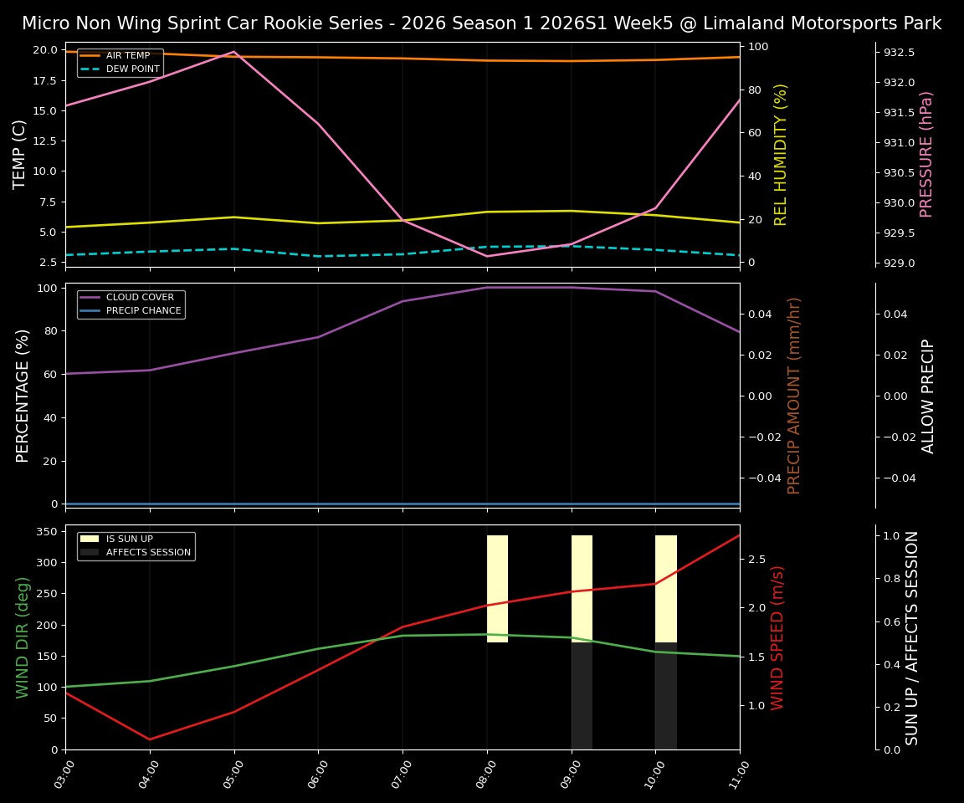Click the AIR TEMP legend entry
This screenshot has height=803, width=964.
(127, 55)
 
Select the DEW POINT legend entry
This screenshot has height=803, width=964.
(132, 69)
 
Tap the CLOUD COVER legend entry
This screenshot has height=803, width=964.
(140, 297)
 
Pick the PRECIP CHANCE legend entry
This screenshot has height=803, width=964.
(143, 310)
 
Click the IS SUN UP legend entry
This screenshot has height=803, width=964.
(129, 539)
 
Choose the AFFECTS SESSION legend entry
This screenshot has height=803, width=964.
(147, 552)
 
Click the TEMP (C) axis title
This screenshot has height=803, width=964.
(20, 154)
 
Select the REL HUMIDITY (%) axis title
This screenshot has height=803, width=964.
(781, 154)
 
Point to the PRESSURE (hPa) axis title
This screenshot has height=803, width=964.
(926, 154)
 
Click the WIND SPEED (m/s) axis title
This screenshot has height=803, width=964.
(777, 637)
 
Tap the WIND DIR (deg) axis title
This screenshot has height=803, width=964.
(23, 637)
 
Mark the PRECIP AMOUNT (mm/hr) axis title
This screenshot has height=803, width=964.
(794, 395)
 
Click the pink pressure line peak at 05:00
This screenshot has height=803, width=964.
(234, 52)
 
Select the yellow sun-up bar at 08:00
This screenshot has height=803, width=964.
(497, 588)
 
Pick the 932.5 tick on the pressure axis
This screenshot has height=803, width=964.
(899, 53)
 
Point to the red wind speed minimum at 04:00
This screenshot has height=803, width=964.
(150, 739)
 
